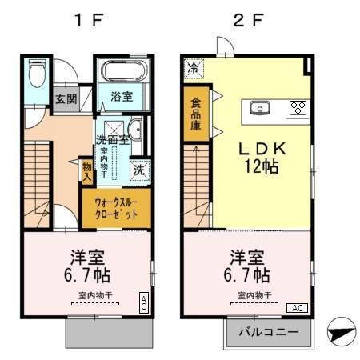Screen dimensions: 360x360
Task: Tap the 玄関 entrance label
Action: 66,100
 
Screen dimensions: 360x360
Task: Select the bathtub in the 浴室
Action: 122,73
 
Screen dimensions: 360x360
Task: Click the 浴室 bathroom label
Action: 121,95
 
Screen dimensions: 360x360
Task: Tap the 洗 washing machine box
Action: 138,169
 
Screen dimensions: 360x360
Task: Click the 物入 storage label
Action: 87,170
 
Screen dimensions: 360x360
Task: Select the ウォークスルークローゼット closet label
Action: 116,208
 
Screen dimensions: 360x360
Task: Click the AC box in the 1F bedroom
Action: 144,302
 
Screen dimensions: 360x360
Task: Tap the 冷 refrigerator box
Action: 193,69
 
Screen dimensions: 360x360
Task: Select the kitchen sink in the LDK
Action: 260,108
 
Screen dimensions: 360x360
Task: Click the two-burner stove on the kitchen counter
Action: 298,108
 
